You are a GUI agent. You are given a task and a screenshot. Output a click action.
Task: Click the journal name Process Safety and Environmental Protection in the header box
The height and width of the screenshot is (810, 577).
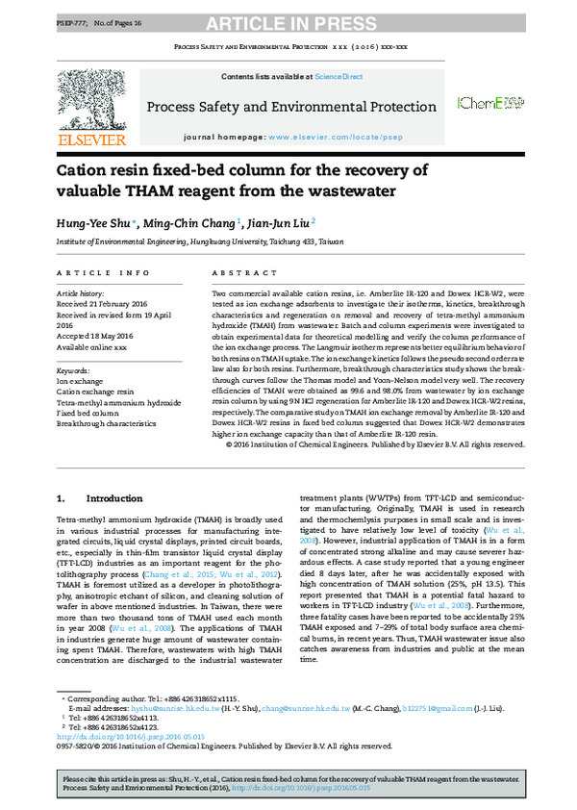point(290,107)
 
